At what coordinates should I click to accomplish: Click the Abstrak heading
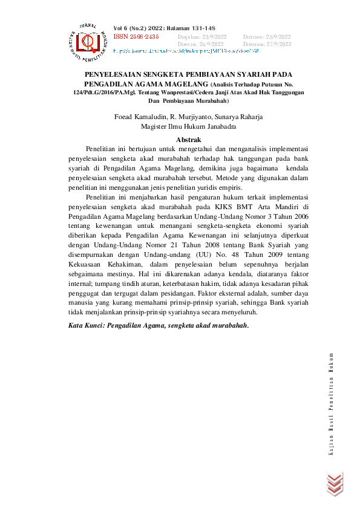[188, 140]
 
